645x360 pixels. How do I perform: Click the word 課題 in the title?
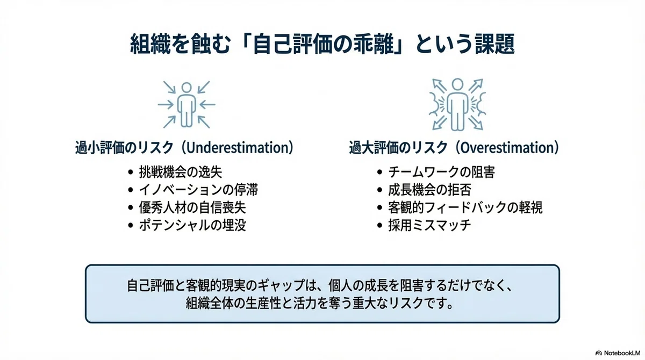point(494,44)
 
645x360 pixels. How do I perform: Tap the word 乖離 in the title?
point(374,44)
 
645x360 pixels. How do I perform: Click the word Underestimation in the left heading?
point(238,147)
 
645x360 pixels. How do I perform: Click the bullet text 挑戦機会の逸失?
point(181,172)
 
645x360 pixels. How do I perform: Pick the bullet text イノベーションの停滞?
point(198,190)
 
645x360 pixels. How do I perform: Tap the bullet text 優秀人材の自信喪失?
point(192,207)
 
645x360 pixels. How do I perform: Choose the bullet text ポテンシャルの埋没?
point(192,225)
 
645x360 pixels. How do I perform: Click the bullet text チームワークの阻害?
point(441,172)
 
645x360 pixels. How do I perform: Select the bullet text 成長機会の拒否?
point(429,190)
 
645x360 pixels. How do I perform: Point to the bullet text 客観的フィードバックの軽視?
point(465,207)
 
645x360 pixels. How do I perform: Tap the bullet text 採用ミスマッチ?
point(429,225)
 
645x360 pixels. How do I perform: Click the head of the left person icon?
point(187,88)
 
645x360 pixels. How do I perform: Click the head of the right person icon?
point(457,84)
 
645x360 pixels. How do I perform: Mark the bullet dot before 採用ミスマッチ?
point(379,225)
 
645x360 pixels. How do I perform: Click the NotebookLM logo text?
point(622,353)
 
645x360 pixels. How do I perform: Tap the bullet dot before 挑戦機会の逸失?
point(131,172)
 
